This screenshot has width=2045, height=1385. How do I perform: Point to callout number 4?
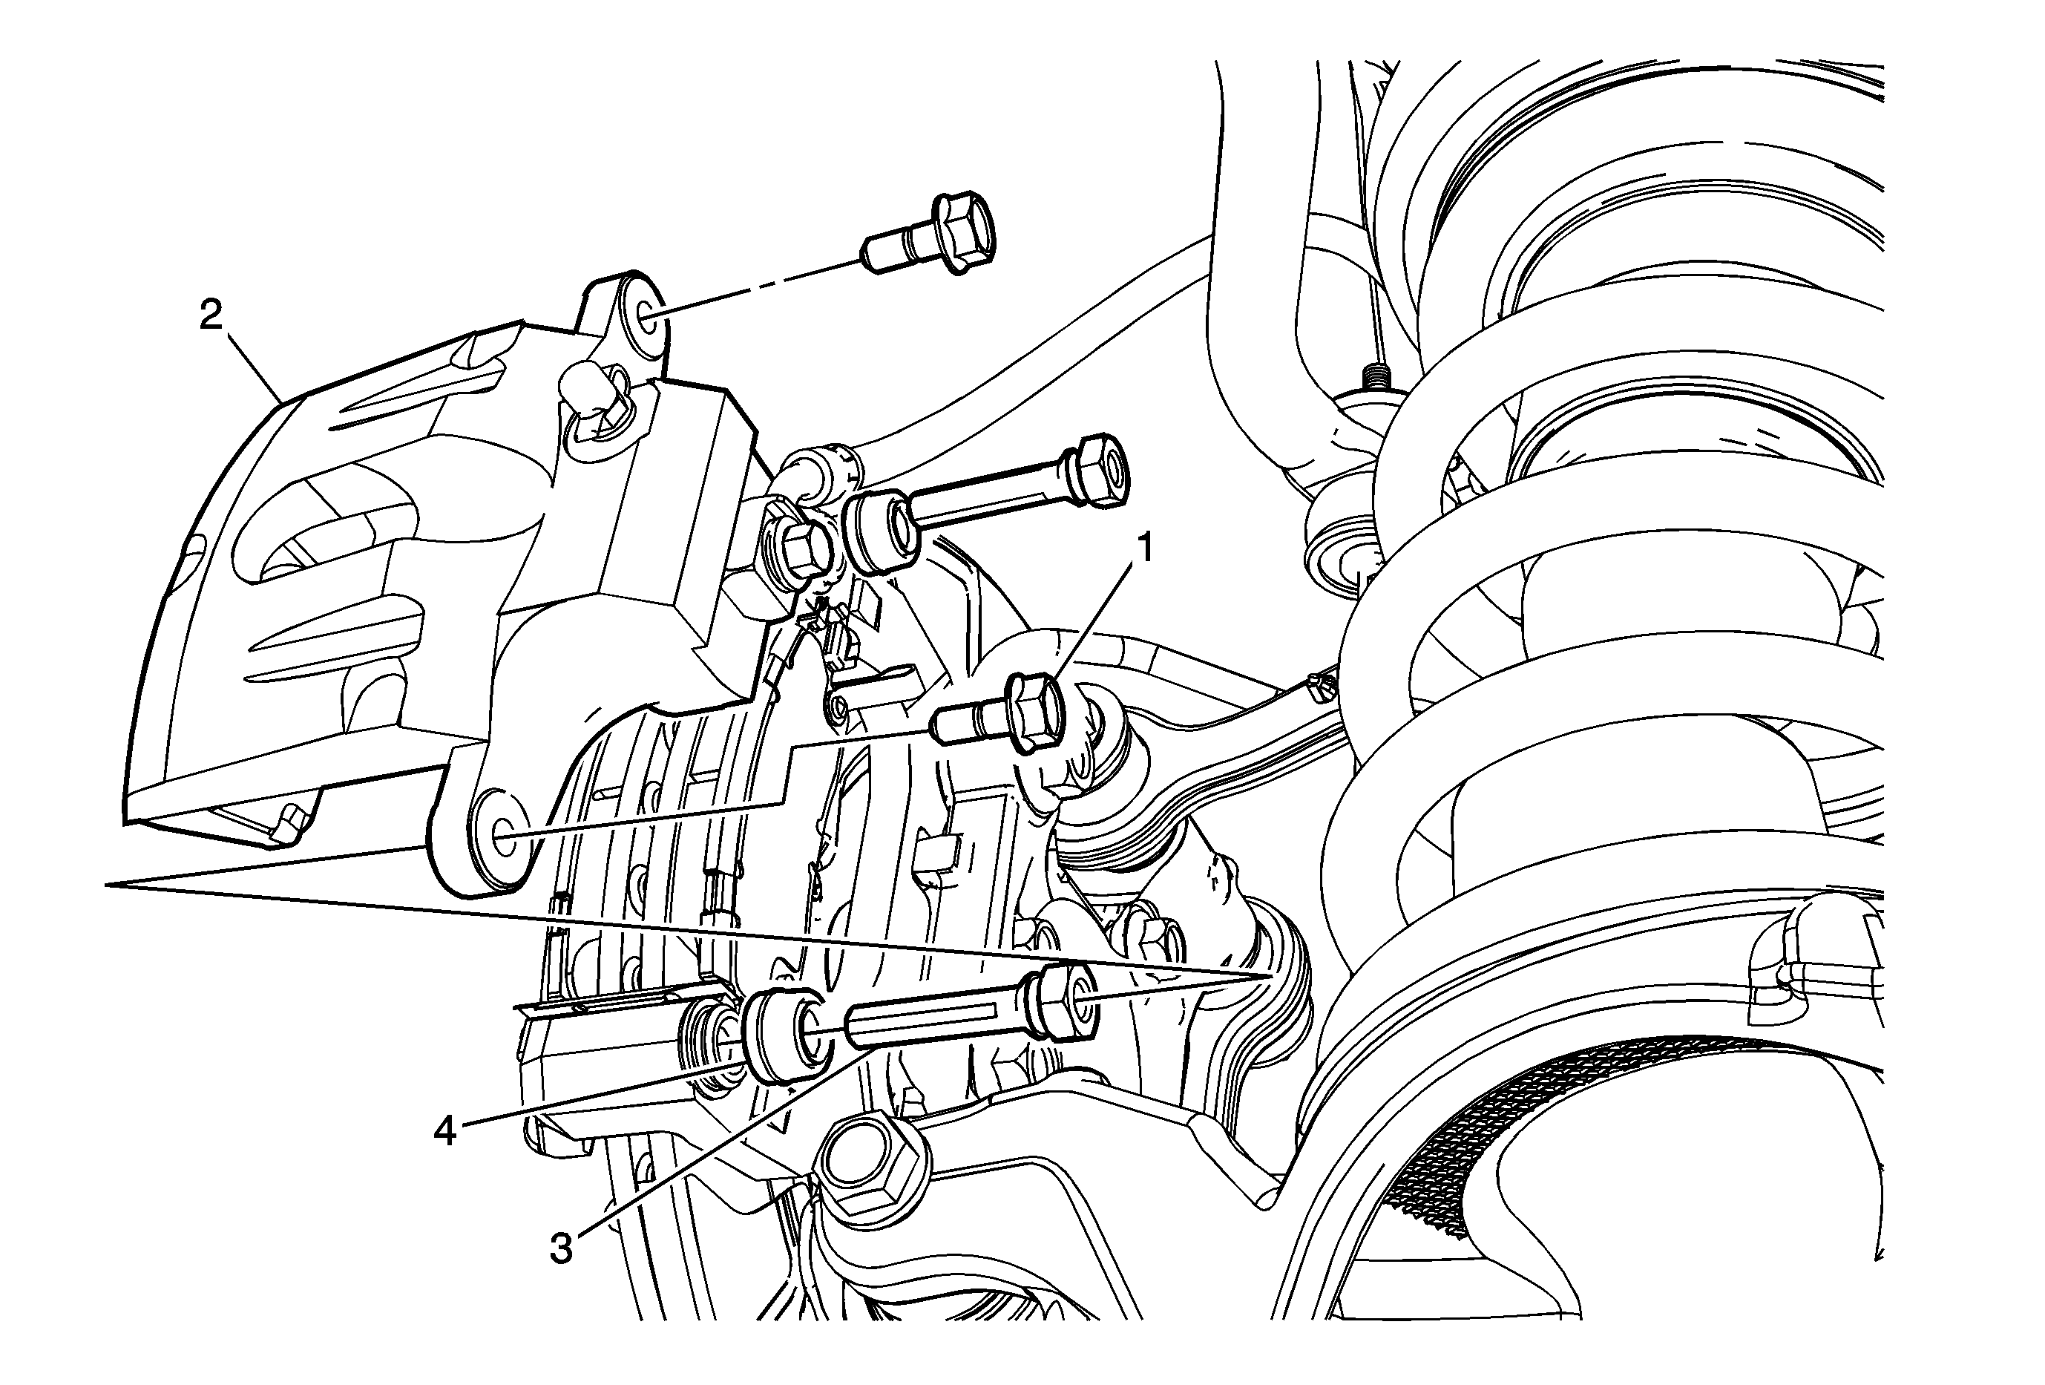click(444, 1130)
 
